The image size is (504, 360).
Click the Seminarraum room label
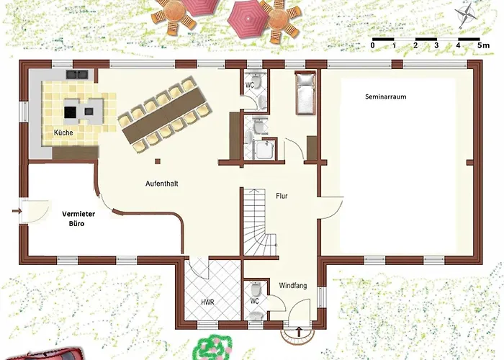(385, 96)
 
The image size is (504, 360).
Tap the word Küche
(63, 132)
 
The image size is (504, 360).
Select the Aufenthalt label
(162, 184)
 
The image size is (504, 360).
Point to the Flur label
(282, 196)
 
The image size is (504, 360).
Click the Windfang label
(293, 285)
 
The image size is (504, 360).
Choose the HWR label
(207, 302)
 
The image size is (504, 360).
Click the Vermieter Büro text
(78, 219)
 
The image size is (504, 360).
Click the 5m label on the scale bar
(483, 45)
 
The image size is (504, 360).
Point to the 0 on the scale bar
(372, 45)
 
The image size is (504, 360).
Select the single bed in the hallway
(305, 93)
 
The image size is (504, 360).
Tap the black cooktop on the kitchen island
(70, 112)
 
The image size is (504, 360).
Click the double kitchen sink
(77, 75)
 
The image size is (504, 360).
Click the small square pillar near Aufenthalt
(158, 161)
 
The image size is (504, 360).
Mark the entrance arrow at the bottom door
(299, 331)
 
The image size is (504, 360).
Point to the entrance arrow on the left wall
(17, 211)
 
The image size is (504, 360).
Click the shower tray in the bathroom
(265, 150)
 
